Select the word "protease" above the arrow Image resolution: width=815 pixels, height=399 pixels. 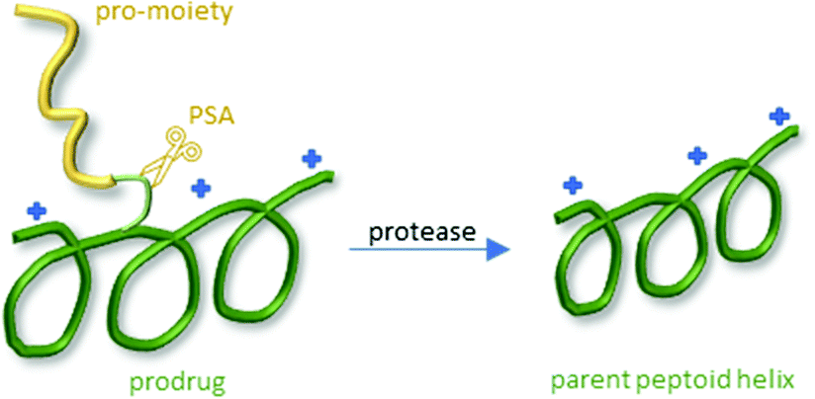click(x=422, y=232)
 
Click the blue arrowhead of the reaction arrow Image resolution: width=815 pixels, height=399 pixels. click(x=498, y=250)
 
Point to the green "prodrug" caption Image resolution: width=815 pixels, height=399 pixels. click(x=177, y=383)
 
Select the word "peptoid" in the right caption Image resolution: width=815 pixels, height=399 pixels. click(x=672, y=383)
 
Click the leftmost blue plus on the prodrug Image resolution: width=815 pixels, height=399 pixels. click(x=37, y=211)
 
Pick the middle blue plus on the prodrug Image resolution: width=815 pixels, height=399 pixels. click(x=201, y=188)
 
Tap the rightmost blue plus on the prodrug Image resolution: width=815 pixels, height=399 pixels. click(x=312, y=159)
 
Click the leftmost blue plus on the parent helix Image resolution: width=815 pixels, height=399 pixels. click(x=573, y=186)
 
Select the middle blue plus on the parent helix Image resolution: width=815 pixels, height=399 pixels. click(x=697, y=155)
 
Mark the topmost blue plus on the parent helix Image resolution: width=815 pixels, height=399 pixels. click(x=779, y=117)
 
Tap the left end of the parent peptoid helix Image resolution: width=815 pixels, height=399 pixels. click(x=557, y=218)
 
